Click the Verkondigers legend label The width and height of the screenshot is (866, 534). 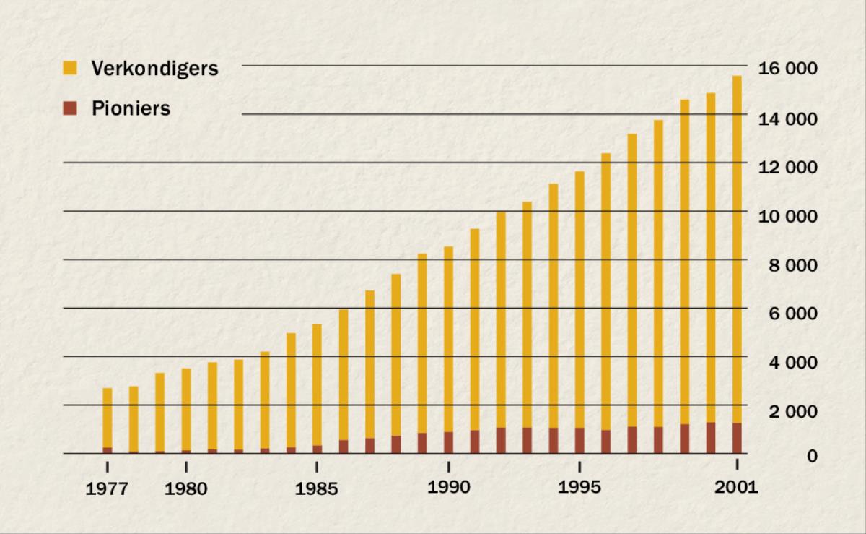154,69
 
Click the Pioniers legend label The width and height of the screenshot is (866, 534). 131,109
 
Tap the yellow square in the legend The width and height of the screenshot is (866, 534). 70,69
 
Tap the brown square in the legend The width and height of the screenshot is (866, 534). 70,108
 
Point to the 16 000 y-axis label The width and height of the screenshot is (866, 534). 787,69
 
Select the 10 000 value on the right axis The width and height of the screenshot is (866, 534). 787,216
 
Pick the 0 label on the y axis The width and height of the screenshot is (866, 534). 811,457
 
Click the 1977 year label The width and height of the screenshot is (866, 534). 107,489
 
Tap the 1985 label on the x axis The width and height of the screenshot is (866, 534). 317,489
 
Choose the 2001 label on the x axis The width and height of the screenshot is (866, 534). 736,487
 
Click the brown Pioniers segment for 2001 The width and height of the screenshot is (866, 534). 737,438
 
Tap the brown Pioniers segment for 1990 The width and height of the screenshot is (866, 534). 448,442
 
